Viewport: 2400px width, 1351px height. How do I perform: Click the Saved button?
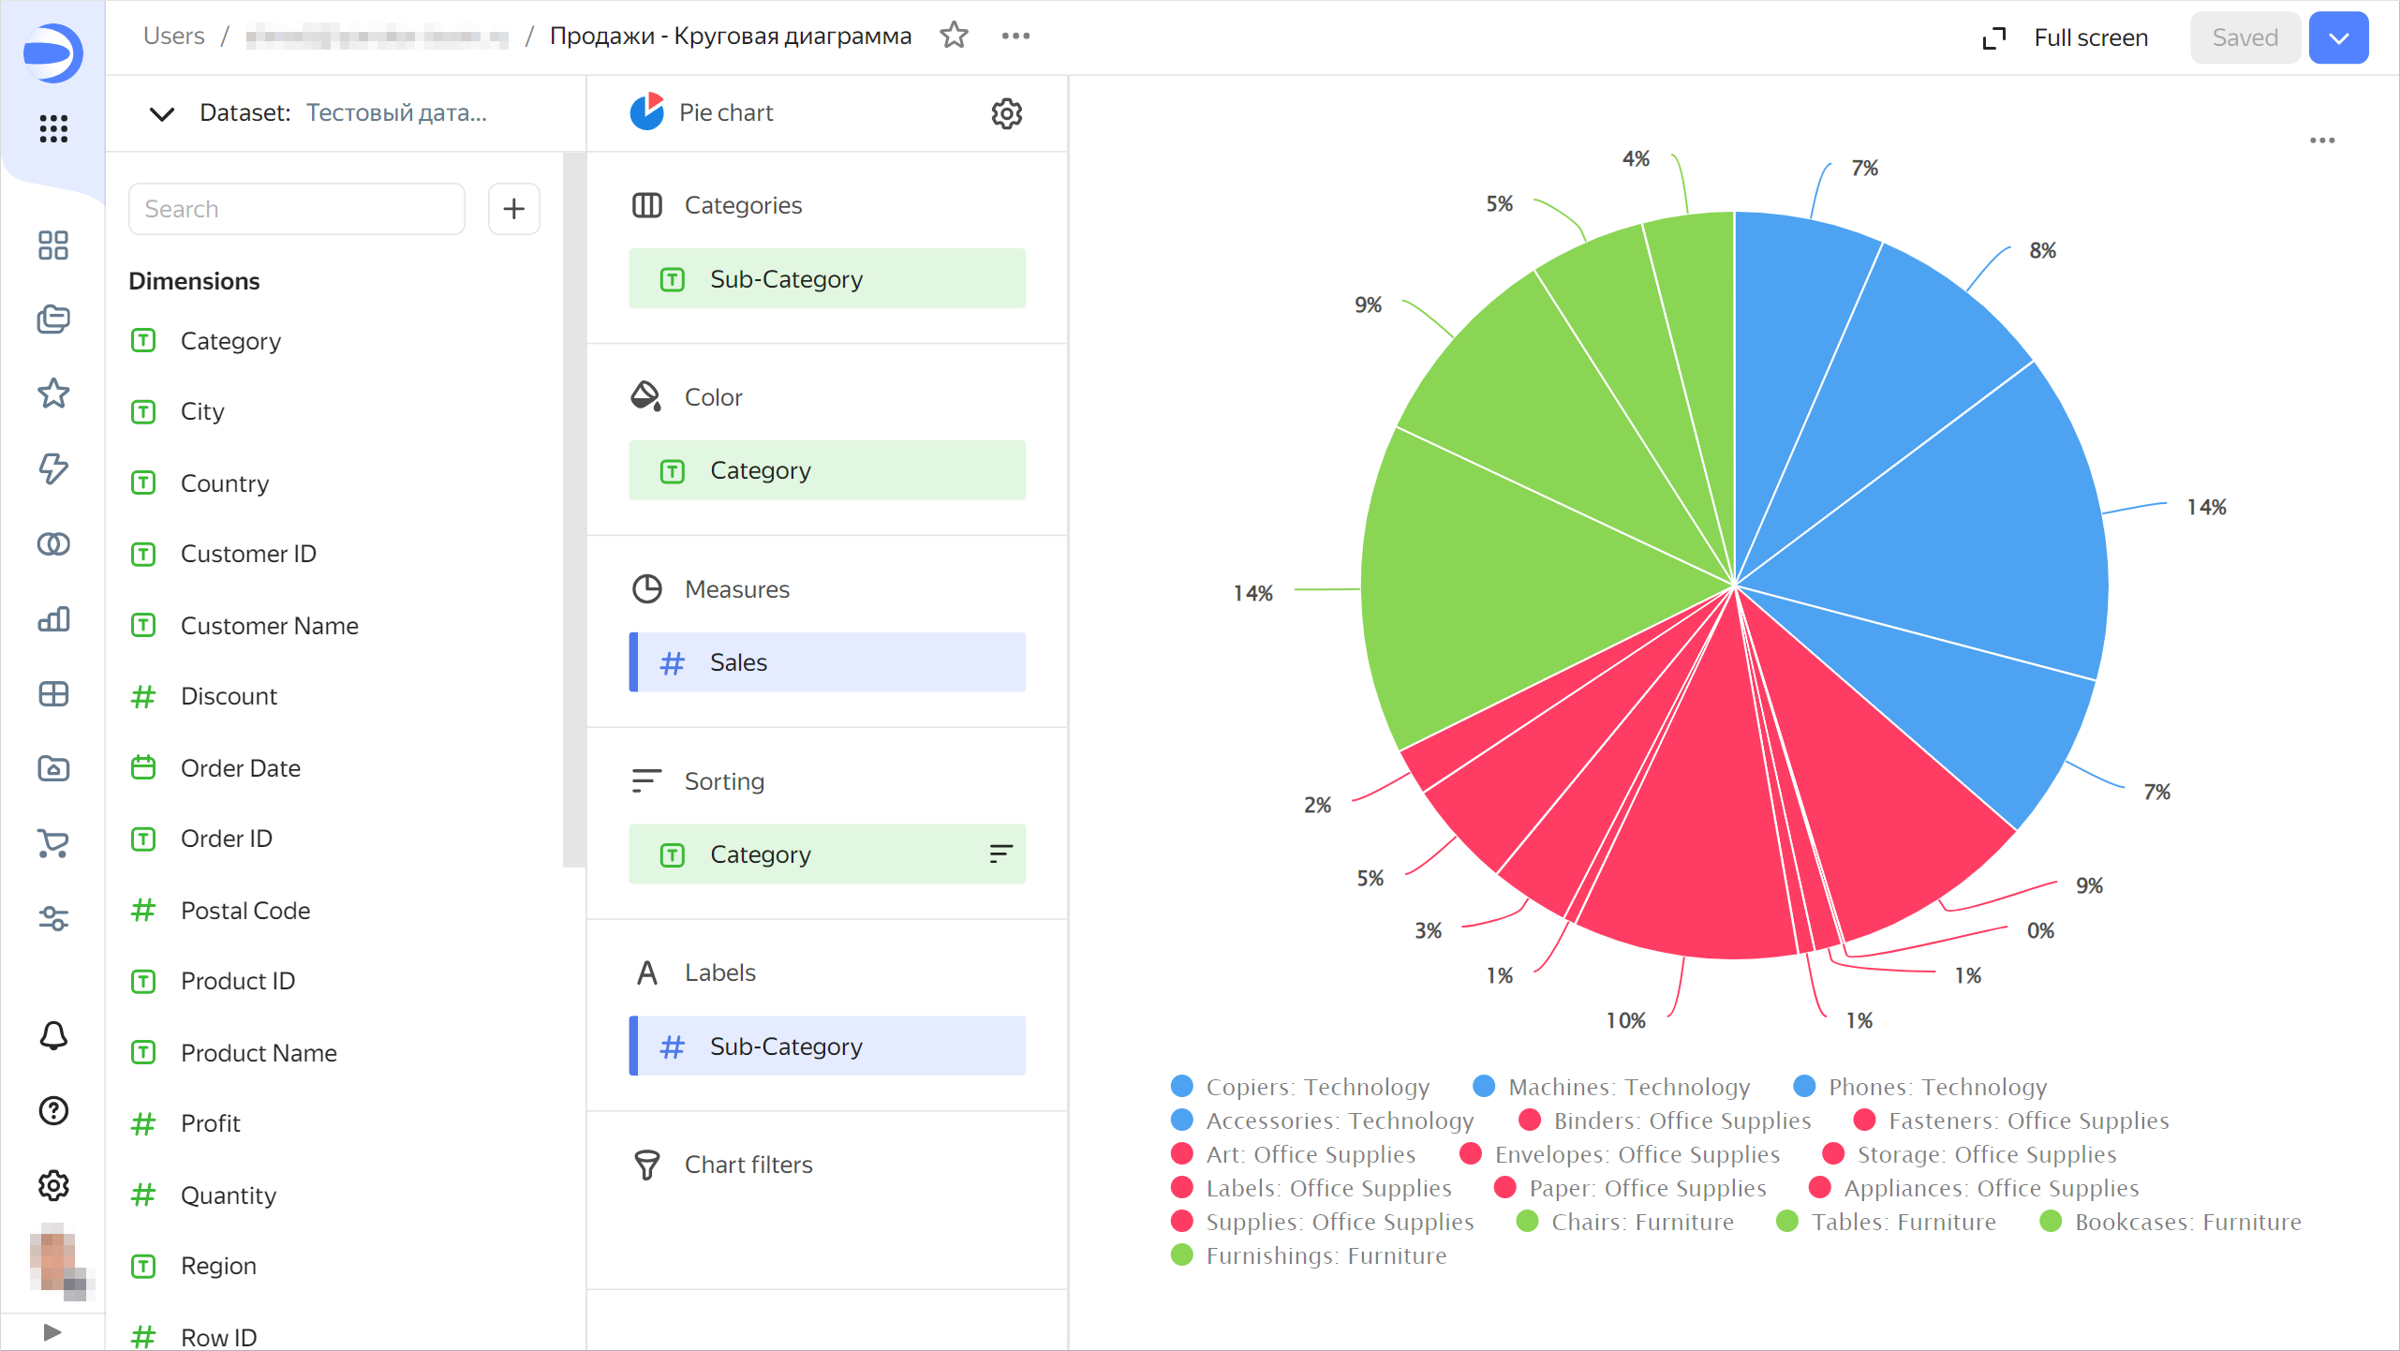click(x=2244, y=37)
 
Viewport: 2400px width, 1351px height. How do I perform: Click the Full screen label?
click(x=2090, y=37)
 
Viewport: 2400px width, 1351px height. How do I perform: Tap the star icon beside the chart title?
click(x=954, y=36)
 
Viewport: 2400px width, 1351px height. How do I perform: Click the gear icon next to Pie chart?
click(x=1006, y=113)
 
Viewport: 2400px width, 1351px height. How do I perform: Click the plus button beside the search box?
click(x=513, y=209)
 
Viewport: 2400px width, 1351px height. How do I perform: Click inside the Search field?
click(x=296, y=209)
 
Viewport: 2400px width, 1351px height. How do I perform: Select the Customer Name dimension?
click(x=269, y=626)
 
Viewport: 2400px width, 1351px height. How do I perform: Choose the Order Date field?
click(x=240, y=768)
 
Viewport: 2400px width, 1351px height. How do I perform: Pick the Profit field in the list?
click(x=210, y=1123)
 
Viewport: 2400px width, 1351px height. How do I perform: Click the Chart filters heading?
click(x=748, y=1165)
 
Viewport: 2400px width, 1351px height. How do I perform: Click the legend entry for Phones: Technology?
click(x=1936, y=1087)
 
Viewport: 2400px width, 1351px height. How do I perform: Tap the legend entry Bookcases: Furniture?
click(x=2186, y=1222)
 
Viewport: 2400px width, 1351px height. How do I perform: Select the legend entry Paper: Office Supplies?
click(x=1646, y=1188)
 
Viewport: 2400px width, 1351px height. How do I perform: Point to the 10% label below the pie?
click(x=1625, y=1020)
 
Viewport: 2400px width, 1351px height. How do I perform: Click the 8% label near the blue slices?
click(x=2042, y=250)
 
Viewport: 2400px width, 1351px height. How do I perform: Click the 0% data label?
click(x=2039, y=930)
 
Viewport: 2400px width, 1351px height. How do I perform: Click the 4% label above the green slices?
click(x=1636, y=158)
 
